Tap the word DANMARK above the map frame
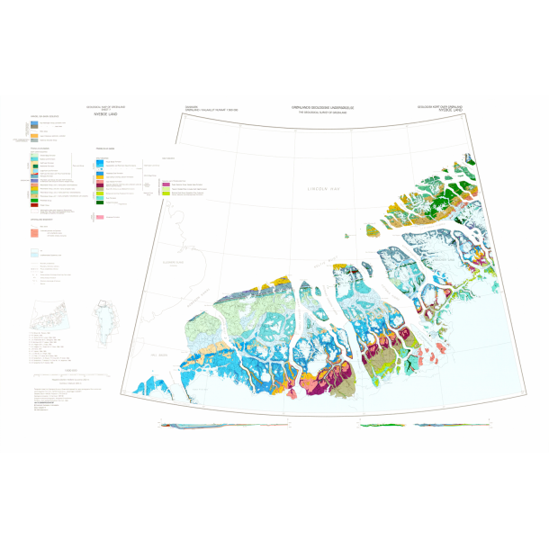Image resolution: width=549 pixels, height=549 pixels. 190,106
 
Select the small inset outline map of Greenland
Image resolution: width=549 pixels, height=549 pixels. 105,320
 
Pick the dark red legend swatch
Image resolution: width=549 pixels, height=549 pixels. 34,206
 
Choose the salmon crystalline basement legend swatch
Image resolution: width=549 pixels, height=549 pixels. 34,230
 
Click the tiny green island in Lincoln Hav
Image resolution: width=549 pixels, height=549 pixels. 346,236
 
